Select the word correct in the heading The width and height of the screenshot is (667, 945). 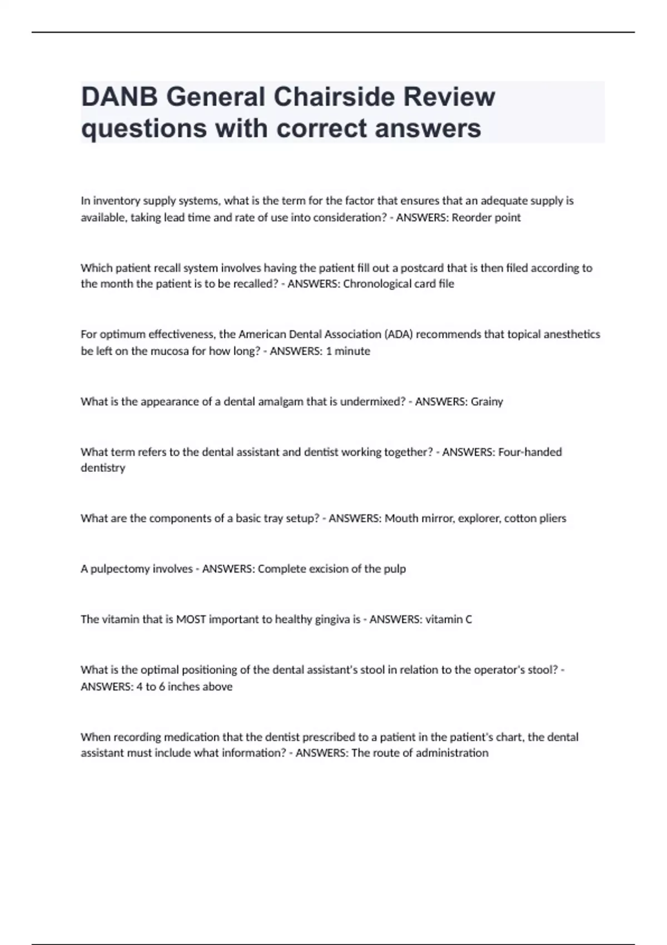pos(322,128)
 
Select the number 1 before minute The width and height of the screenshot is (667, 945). pos(328,351)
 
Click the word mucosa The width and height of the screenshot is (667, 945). pos(170,351)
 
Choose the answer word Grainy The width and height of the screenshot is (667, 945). pos(487,401)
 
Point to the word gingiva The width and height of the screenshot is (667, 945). pos(328,619)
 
